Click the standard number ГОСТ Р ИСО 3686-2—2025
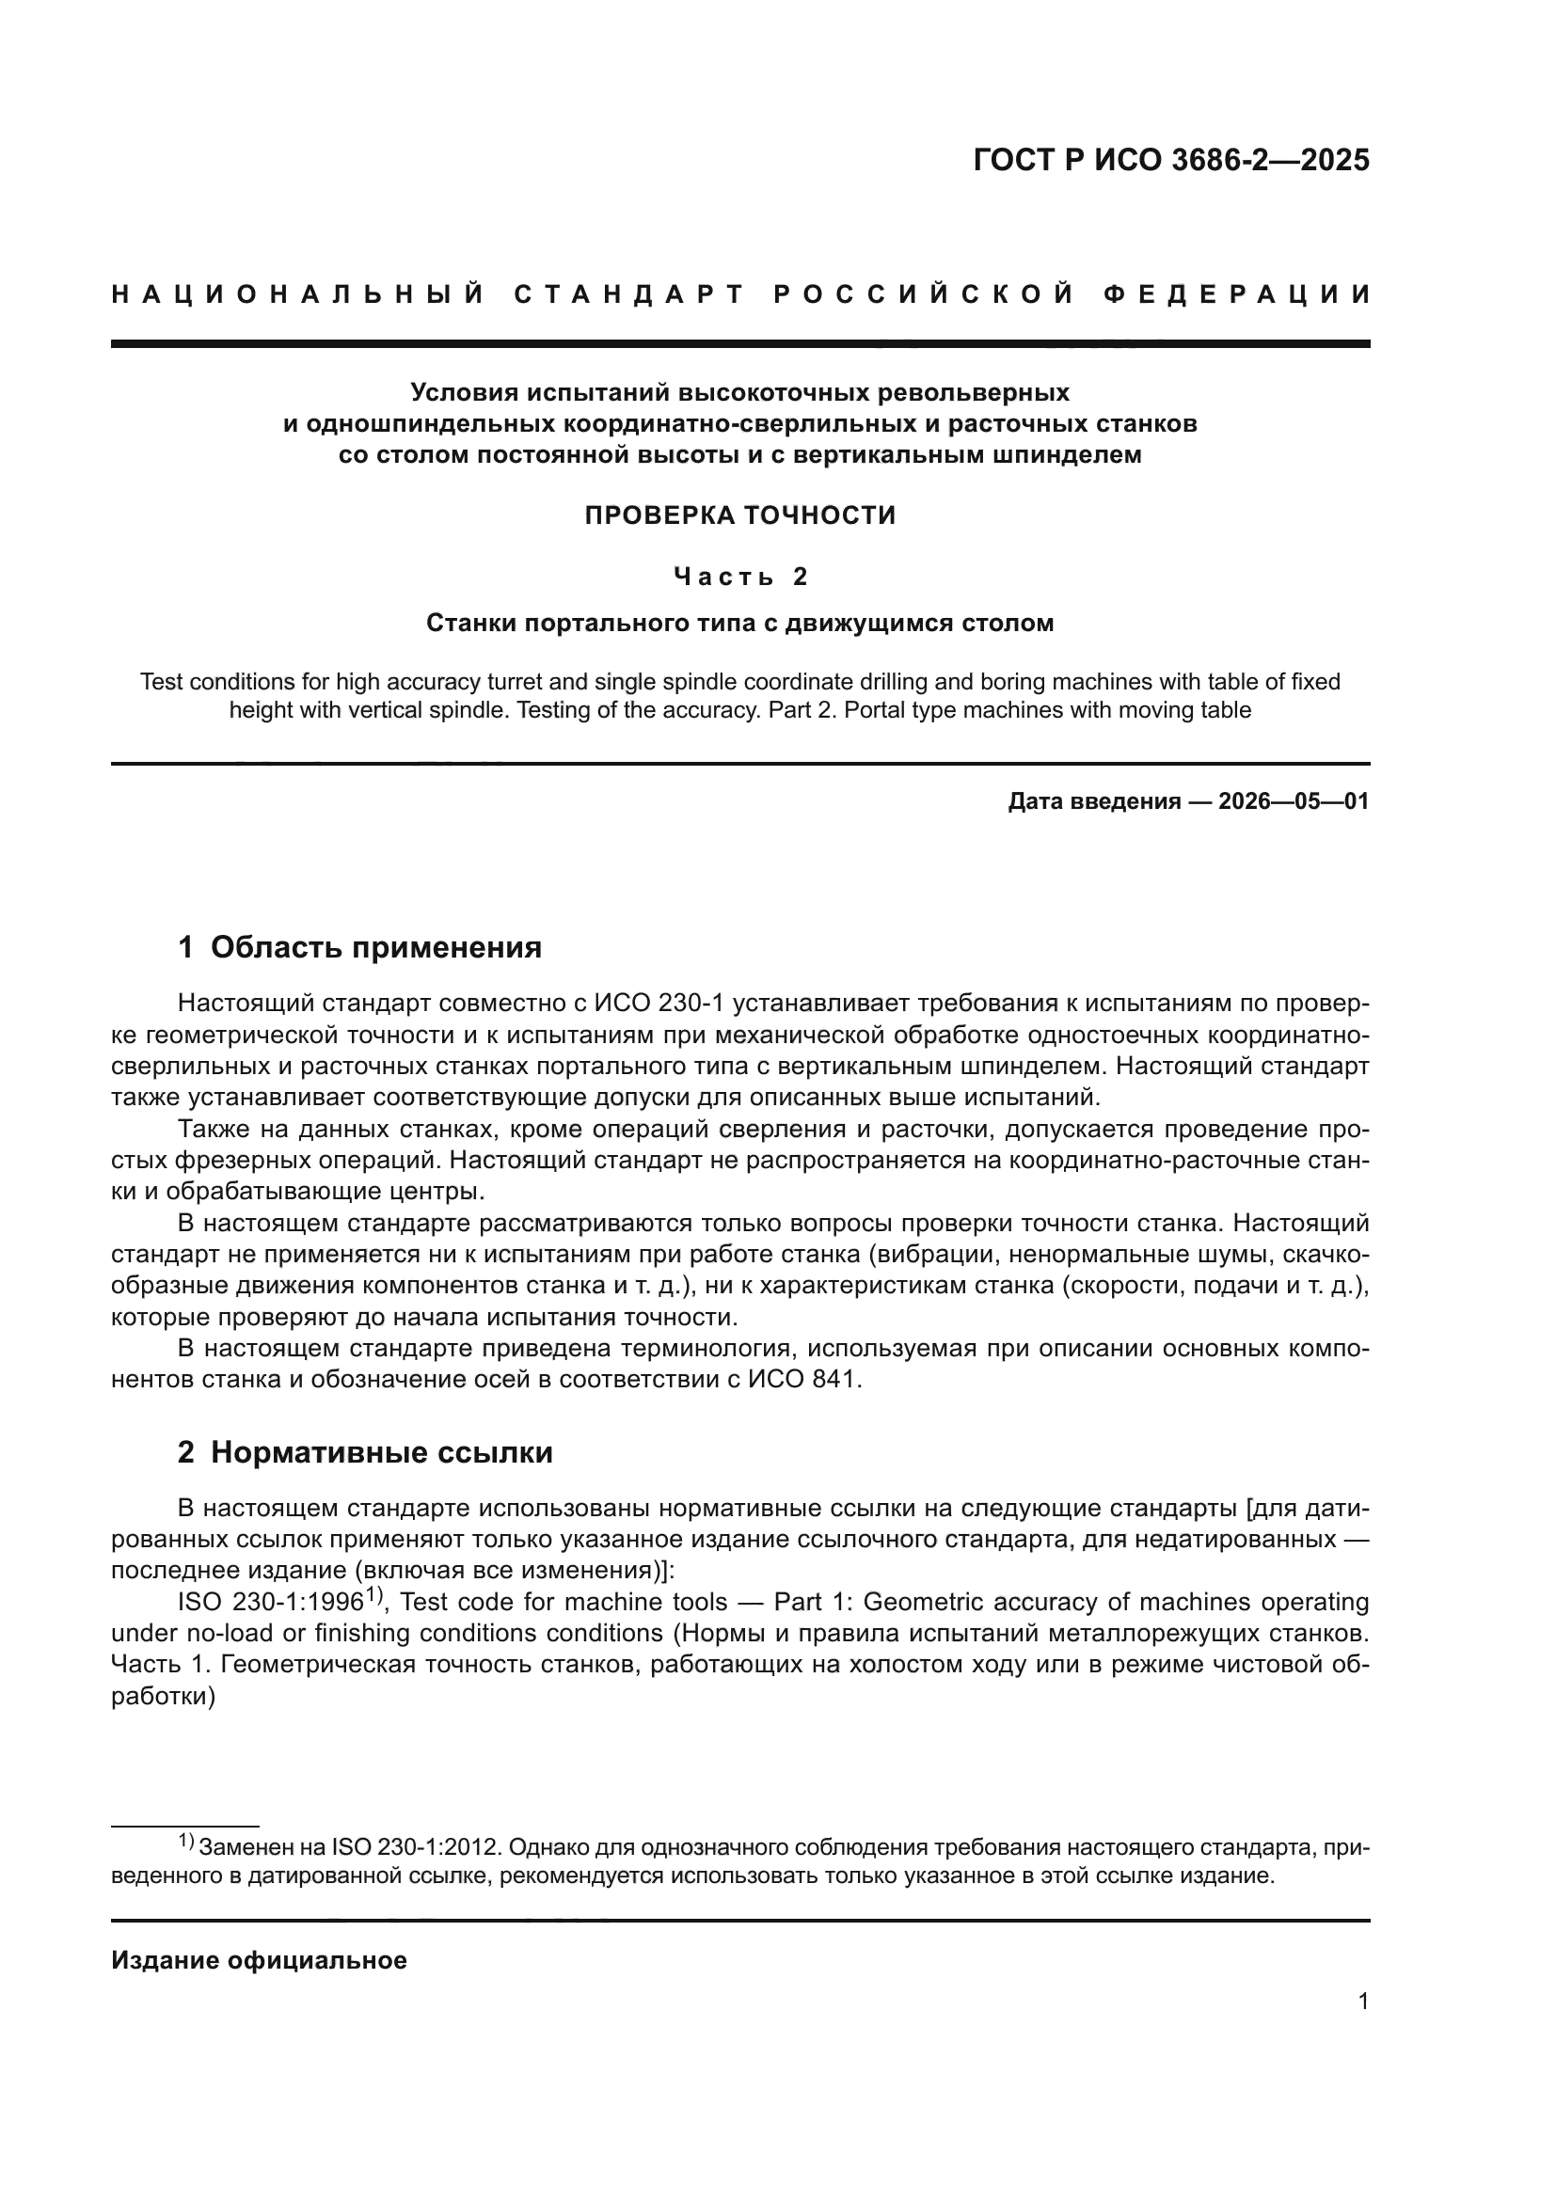pos(1171,160)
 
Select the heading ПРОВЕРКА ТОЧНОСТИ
pos(739,515)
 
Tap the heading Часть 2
pos(739,576)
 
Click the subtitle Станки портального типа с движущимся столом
pos(739,623)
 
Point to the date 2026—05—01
pos(1294,801)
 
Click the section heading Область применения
pos(375,947)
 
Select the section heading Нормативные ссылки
pos(381,1452)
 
